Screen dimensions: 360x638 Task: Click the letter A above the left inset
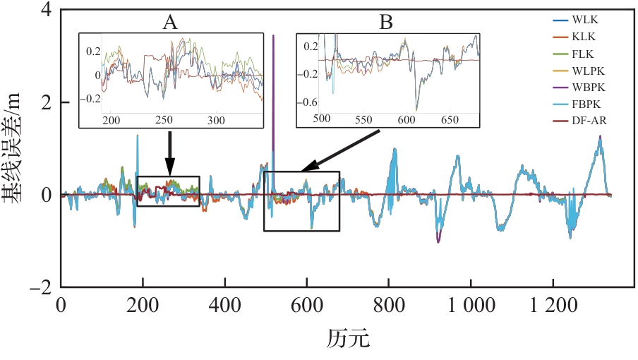point(170,23)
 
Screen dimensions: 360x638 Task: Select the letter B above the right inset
point(385,23)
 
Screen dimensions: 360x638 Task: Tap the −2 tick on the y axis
point(42,287)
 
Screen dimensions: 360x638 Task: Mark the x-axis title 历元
point(348,339)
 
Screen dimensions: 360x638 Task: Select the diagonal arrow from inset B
point(342,150)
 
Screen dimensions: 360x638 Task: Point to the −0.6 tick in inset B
point(308,102)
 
